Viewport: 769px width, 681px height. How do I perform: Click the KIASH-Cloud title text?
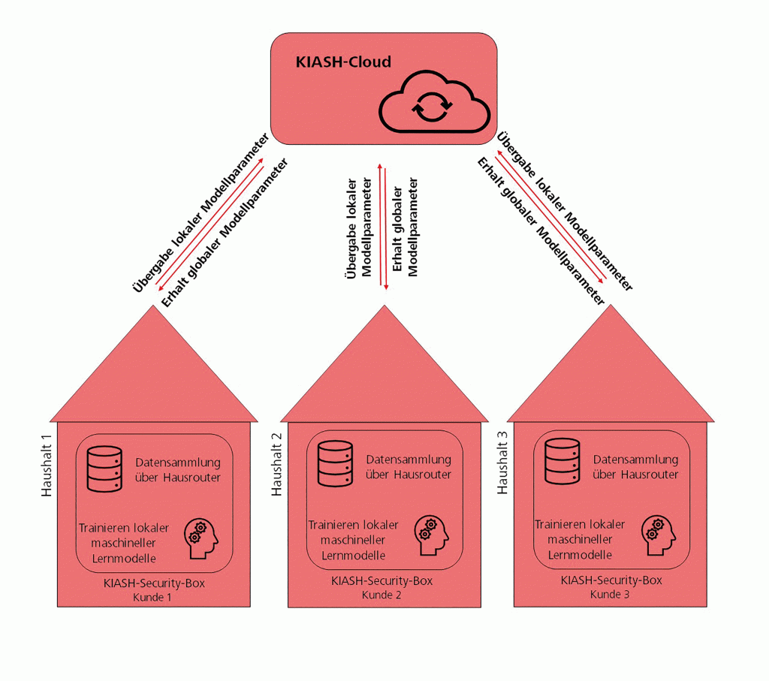coord(343,62)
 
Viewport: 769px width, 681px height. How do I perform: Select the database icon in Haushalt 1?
coord(104,469)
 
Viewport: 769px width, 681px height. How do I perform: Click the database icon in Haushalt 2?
coord(334,464)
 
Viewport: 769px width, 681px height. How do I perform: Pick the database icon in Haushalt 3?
coord(562,464)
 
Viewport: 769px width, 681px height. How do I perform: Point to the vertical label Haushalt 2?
coord(276,463)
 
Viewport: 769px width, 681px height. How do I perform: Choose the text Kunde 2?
coord(382,595)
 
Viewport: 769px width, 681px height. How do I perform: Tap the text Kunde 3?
coord(611,594)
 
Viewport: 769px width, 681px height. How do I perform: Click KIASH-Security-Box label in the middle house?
coord(382,581)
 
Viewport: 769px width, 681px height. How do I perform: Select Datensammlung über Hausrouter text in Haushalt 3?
coord(635,467)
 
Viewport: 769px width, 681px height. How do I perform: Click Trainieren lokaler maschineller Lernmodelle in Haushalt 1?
coord(124,542)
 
